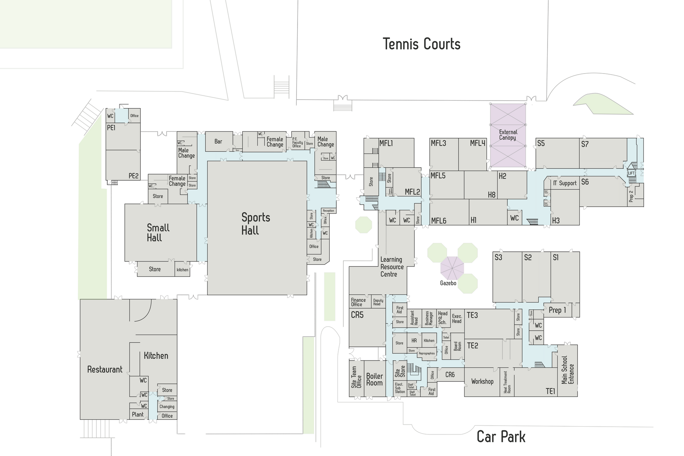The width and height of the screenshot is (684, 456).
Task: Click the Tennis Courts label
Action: pos(421,44)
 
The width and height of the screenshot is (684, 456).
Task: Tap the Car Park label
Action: pos(501,437)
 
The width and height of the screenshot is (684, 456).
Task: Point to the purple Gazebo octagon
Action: pos(452,268)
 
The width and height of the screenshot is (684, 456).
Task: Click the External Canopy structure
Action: pos(508,135)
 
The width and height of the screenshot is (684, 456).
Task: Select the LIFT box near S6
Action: pos(631,173)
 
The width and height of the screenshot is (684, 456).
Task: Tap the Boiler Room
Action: pos(374,379)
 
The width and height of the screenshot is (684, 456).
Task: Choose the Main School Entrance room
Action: pos(567,370)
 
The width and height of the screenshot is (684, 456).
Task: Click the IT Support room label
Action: pos(565,183)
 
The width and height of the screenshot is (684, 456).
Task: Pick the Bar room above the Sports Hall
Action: pos(219,141)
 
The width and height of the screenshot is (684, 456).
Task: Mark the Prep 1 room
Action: pos(557,310)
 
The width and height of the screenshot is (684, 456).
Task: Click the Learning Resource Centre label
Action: pos(392,267)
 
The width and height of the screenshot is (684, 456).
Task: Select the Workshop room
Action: pos(482,381)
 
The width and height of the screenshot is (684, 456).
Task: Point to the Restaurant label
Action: pos(105,369)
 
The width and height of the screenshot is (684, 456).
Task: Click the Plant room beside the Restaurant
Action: pos(138,414)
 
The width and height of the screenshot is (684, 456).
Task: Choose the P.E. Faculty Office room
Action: pos(298,143)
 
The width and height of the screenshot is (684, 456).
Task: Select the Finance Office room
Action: pos(358,302)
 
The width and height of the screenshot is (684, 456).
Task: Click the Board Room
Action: pos(457,346)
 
